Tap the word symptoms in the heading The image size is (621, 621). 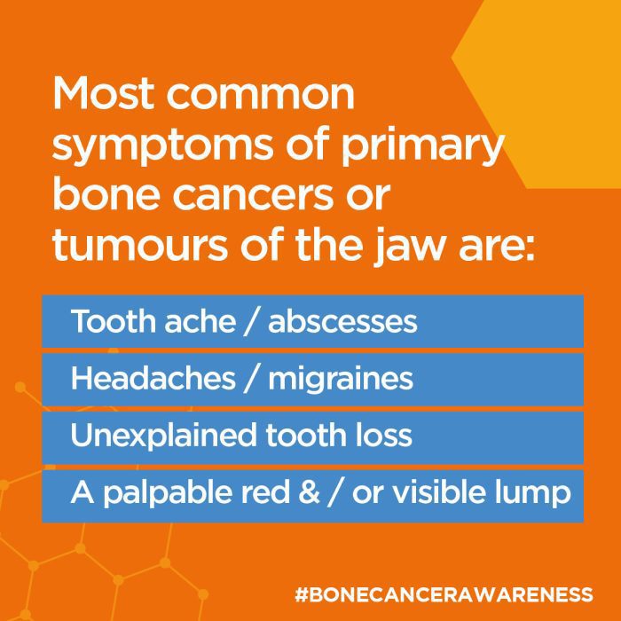162,146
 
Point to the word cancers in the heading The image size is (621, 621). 253,196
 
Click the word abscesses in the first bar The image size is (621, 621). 342,321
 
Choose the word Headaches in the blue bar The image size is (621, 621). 153,379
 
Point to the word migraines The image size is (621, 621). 341,381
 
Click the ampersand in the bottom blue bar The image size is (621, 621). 308,493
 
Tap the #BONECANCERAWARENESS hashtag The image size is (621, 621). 444,595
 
